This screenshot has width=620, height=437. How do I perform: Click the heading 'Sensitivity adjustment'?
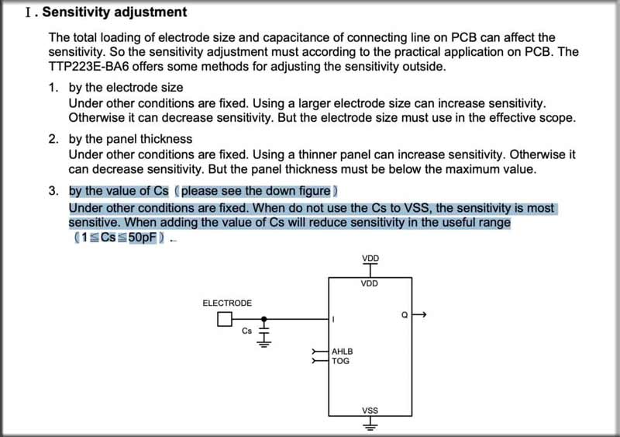pyautogui.click(x=114, y=12)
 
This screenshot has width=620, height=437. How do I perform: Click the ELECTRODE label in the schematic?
pyautogui.click(x=226, y=303)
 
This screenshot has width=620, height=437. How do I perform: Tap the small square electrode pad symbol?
pyautogui.click(x=225, y=318)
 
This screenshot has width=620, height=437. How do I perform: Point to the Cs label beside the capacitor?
pyautogui.click(x=247, y=331)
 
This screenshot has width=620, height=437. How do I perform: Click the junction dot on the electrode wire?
pyautogui.click(x=264, y=318)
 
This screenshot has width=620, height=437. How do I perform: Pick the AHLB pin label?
pyautogui.click(x=343, y=352)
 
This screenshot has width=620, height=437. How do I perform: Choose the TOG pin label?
pyautogui.click(x=340, y=361)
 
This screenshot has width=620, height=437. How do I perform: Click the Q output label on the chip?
pyautogui.click(x=404, y=314)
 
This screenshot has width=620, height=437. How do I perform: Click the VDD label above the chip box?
pyautogui.click(x=370, y=258)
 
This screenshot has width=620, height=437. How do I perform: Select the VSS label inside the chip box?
pyautogui.click(x=370, y=410)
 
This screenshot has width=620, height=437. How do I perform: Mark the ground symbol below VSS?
pyautogui.click(x=370, y=425)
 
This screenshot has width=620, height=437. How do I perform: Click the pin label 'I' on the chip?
pyautogui.click(x=332, y=319)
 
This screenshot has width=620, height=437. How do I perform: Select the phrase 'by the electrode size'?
pyautogui.click(x=126, y=88)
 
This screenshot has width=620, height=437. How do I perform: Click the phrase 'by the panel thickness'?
pyautogui.click(x=130, y=139)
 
